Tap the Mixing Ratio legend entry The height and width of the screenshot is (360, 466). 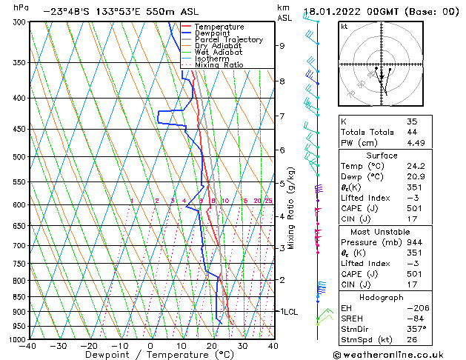click(219, 65)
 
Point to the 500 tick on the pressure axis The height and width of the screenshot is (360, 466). click(20, 157)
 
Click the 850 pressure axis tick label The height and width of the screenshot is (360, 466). click(20, 296)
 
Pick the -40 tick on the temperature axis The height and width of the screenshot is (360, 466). click(28, 346)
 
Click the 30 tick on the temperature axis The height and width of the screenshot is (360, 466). click(242, 346)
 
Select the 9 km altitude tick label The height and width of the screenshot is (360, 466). click(282, 45)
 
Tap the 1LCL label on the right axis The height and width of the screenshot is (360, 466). click(288, 312)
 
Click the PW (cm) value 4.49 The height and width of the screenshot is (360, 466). click(415, 144)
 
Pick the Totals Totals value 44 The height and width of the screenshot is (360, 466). click(412, 133)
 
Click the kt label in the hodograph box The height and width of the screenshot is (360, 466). click(344, 27)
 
